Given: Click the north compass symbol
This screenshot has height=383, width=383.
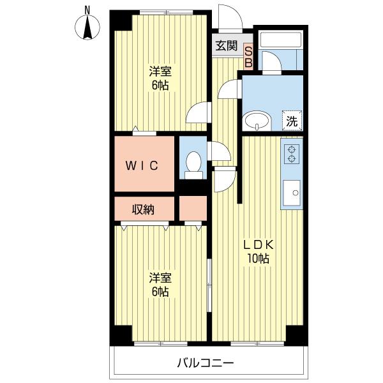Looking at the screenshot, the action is point(87,26).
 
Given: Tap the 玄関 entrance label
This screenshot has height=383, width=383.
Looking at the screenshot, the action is point(227,46).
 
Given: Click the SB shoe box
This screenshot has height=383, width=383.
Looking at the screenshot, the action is point(248,57).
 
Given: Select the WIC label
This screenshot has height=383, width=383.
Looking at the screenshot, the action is point(142,165).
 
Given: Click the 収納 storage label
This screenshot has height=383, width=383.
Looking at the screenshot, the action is point(143,209).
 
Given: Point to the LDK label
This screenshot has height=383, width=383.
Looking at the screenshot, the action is point(258,244).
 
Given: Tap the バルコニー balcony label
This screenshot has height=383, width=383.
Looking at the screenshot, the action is point(205,363).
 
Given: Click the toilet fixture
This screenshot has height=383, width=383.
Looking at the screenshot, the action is point(193,165).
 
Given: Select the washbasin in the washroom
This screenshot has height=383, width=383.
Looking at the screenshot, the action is point(257,121).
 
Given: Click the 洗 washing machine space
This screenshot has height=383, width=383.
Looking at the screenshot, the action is point(292,121).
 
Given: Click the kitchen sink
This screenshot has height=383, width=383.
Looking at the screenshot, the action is point(292,193).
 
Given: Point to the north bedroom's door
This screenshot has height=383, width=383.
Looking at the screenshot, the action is point(199,112).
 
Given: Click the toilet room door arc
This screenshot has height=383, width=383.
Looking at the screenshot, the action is point(220,151).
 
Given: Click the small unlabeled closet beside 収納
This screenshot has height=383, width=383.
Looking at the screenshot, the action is point(193,208).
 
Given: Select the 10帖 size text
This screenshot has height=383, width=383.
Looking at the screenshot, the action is point(258,258).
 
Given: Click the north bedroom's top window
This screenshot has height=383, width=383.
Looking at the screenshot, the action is point(167,12).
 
